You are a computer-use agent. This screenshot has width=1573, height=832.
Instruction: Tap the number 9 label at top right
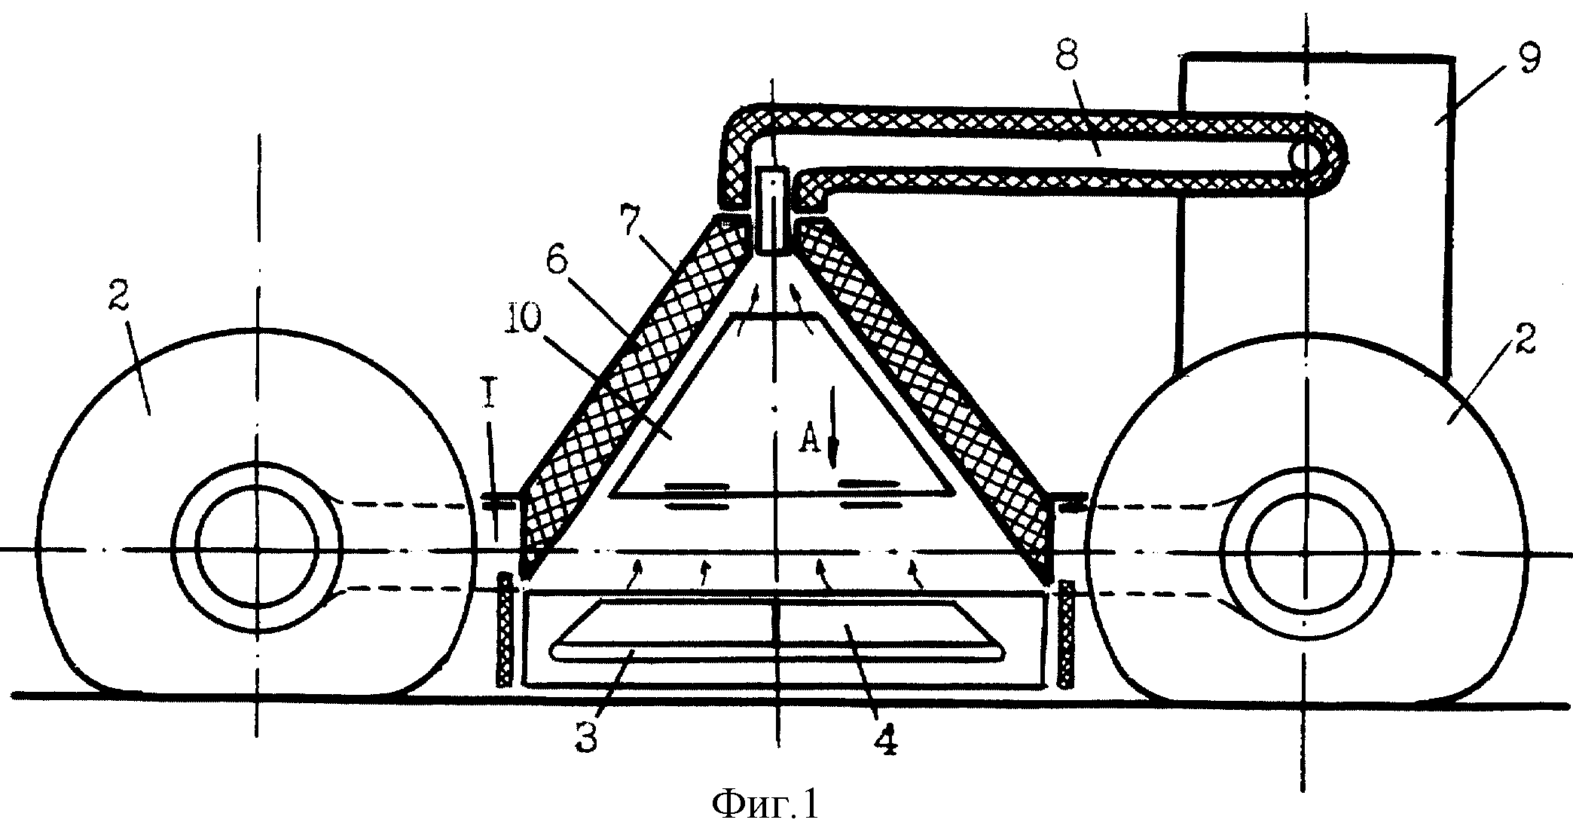tap(1521, 60)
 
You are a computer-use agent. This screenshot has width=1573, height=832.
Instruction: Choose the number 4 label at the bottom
tap(884, 735)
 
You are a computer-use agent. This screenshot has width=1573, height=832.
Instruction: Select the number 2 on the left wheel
tap(120, 305)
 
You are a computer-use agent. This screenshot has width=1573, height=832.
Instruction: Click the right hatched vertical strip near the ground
tap(1065, 632)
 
